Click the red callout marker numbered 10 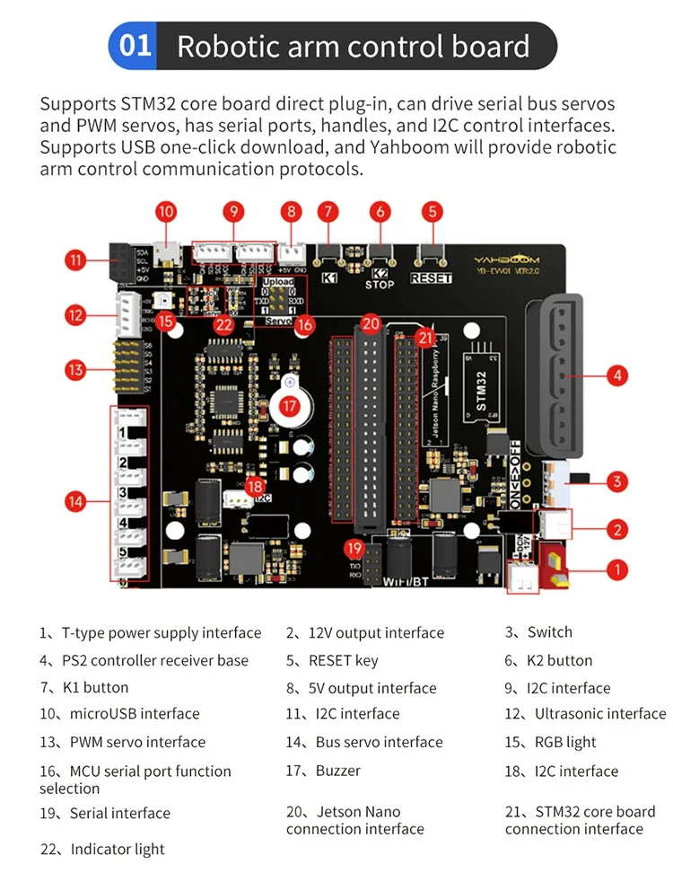[x=166, y=212]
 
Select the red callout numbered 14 [x=76, y=502]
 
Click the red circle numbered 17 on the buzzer [x=289, y=406]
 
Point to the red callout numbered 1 [x=616, y=569]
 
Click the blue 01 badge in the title [x=135, y=46]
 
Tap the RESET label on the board [x=431, y=278]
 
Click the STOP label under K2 [x=380, y=285]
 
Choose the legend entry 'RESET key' [x=343, y=661]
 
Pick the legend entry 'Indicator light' [x=118, y=849]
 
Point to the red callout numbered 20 [x=371, y=322]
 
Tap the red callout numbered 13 [x=76, y=369]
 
